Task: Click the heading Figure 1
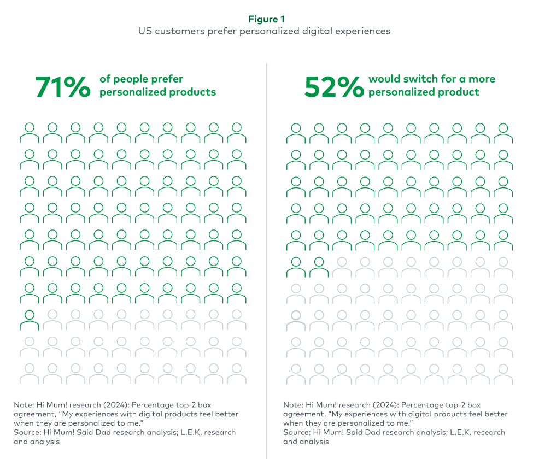(266, 19)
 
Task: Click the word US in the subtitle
(145, 31)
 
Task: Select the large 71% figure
(62, 86)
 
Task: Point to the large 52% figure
(334, 86)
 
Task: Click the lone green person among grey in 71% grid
(30, 320)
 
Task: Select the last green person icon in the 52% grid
(319, 267)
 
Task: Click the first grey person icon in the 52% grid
(342, 267)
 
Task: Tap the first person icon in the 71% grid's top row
(30, 133)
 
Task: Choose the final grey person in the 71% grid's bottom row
(237, 373)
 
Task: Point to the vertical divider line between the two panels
(267, 261)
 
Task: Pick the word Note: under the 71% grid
(24, 405)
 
